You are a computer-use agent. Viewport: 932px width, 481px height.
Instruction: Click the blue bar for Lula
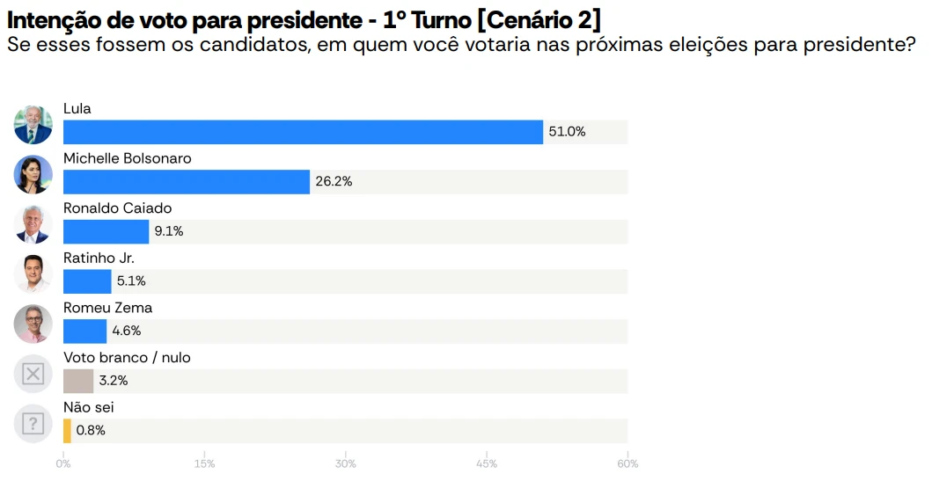(x=303, y=132)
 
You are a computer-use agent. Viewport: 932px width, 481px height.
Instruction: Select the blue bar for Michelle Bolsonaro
(x=187, y=182)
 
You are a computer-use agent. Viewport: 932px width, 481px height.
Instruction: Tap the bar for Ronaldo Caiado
(x=106, y=232)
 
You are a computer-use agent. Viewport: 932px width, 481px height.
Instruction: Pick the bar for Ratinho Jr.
(x=87, y=281)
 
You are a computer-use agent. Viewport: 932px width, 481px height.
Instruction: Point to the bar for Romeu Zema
(x=84, y=332)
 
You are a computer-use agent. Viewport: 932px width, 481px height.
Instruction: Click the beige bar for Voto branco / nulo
(x=78, y=381)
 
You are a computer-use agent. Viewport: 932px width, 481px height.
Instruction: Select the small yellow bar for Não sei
(x=67, y=431)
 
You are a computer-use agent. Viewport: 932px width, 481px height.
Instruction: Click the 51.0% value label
(x=567, y=132)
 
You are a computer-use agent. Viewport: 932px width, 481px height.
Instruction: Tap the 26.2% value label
(x=334, y=182)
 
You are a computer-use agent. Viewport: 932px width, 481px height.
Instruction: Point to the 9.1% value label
(x=169, y=232)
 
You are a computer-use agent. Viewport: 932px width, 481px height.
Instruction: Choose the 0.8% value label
(x=91, y=431)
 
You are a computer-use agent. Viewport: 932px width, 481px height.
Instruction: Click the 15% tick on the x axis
(x=204, y=463)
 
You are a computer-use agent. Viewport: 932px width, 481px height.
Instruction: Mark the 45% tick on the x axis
(x=487, y=463)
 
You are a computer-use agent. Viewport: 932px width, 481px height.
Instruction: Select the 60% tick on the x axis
(x=627, y=463)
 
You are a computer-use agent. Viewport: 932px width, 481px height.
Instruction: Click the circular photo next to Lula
(x=33, y=125)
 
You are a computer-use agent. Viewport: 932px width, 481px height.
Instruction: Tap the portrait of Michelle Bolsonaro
(x=33, y=174)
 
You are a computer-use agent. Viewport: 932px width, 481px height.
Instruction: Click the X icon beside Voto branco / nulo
(x=33, y=374)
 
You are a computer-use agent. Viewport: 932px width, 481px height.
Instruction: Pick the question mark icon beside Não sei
(x=33, y=424)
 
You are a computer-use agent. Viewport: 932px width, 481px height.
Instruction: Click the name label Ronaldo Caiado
(x=117, y=208)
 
